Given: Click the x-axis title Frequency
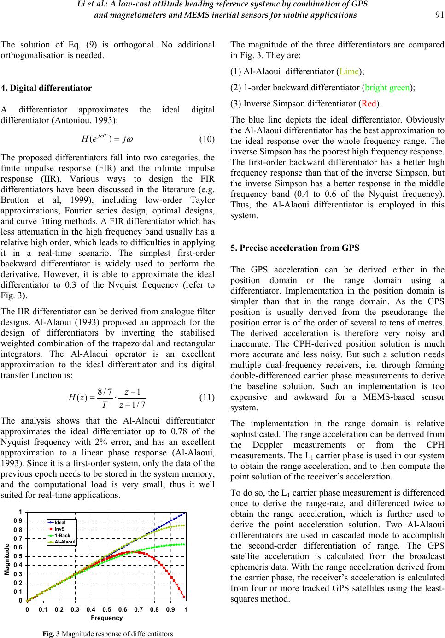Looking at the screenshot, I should pyautogui.click(x=105, y=618).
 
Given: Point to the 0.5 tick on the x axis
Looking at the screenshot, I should pyautogui.click(x=106, y=609).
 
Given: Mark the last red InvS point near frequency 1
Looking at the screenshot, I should pyautogui.click(x=184, y=597).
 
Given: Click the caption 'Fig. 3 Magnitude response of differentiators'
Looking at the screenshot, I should pyautogui.click(x=107, y=634).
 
